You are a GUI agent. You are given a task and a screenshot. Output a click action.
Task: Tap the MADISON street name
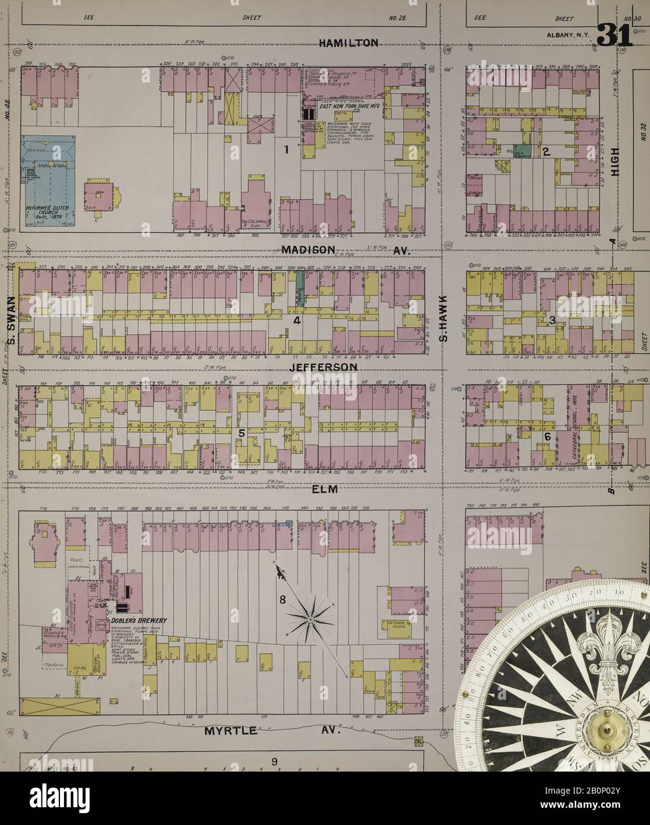(309, 250)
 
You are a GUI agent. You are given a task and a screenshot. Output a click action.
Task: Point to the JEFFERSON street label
(324, 367)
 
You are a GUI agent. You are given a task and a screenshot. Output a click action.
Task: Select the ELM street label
(325, 490)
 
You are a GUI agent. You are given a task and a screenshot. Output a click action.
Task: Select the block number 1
(286, 150)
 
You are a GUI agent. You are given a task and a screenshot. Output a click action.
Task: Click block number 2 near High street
(544, 151)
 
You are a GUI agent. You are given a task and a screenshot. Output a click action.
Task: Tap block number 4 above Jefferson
(295, 321)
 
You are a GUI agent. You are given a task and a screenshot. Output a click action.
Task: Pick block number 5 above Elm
(241, 433)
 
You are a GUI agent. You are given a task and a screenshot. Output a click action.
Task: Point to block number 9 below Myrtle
(274, 762)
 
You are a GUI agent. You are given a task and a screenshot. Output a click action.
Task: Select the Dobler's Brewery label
(138, 620)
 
